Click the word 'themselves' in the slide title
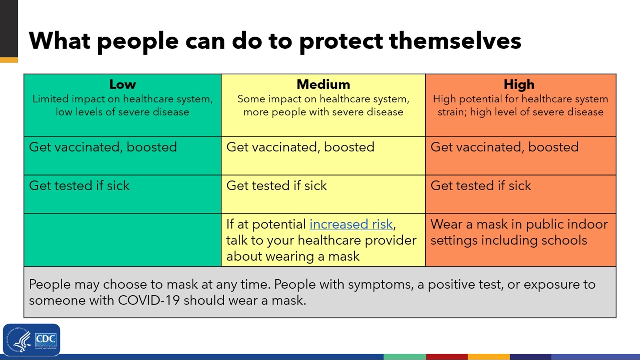click(455, 41)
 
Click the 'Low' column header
click(122, 84)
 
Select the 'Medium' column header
click(323, 84)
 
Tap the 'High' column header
click(519, 84)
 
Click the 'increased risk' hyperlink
click(351, 224)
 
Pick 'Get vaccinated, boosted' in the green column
click(103, 147)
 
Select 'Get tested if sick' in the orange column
click(480, 186)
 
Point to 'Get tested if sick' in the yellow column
click(276, 186)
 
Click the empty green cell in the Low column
click(122, 240)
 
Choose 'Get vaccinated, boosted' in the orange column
click(504, 147)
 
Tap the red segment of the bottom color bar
click(447, 357)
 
